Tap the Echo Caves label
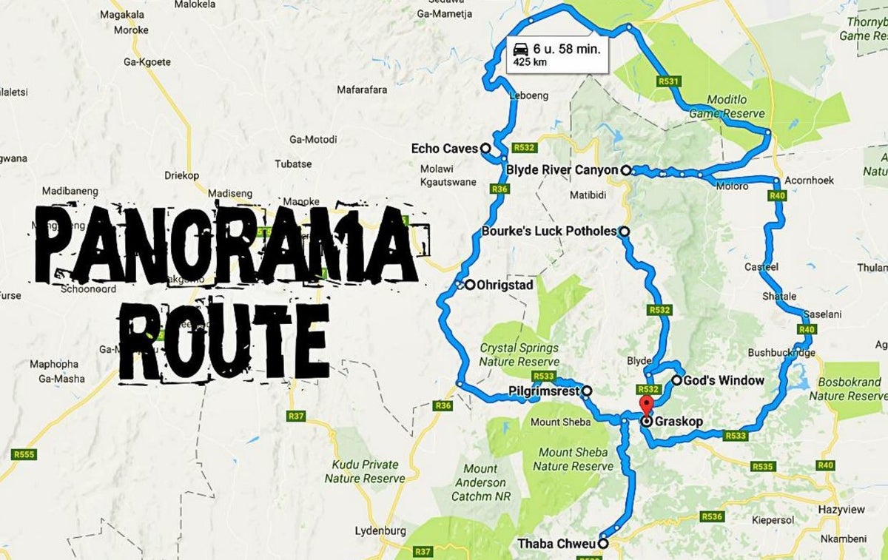coord(444,149)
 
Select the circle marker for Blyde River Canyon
coord(625,170)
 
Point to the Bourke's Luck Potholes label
coord(548,231)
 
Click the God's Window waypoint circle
coord(676,380)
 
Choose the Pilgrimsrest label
coord(545,391)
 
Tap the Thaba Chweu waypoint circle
coord(603,544)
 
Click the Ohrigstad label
coord(505,284)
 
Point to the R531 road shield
coord(667,81)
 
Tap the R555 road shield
coord(24,453)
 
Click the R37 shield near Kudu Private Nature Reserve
coord(296,416)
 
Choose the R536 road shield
coord(713,516)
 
